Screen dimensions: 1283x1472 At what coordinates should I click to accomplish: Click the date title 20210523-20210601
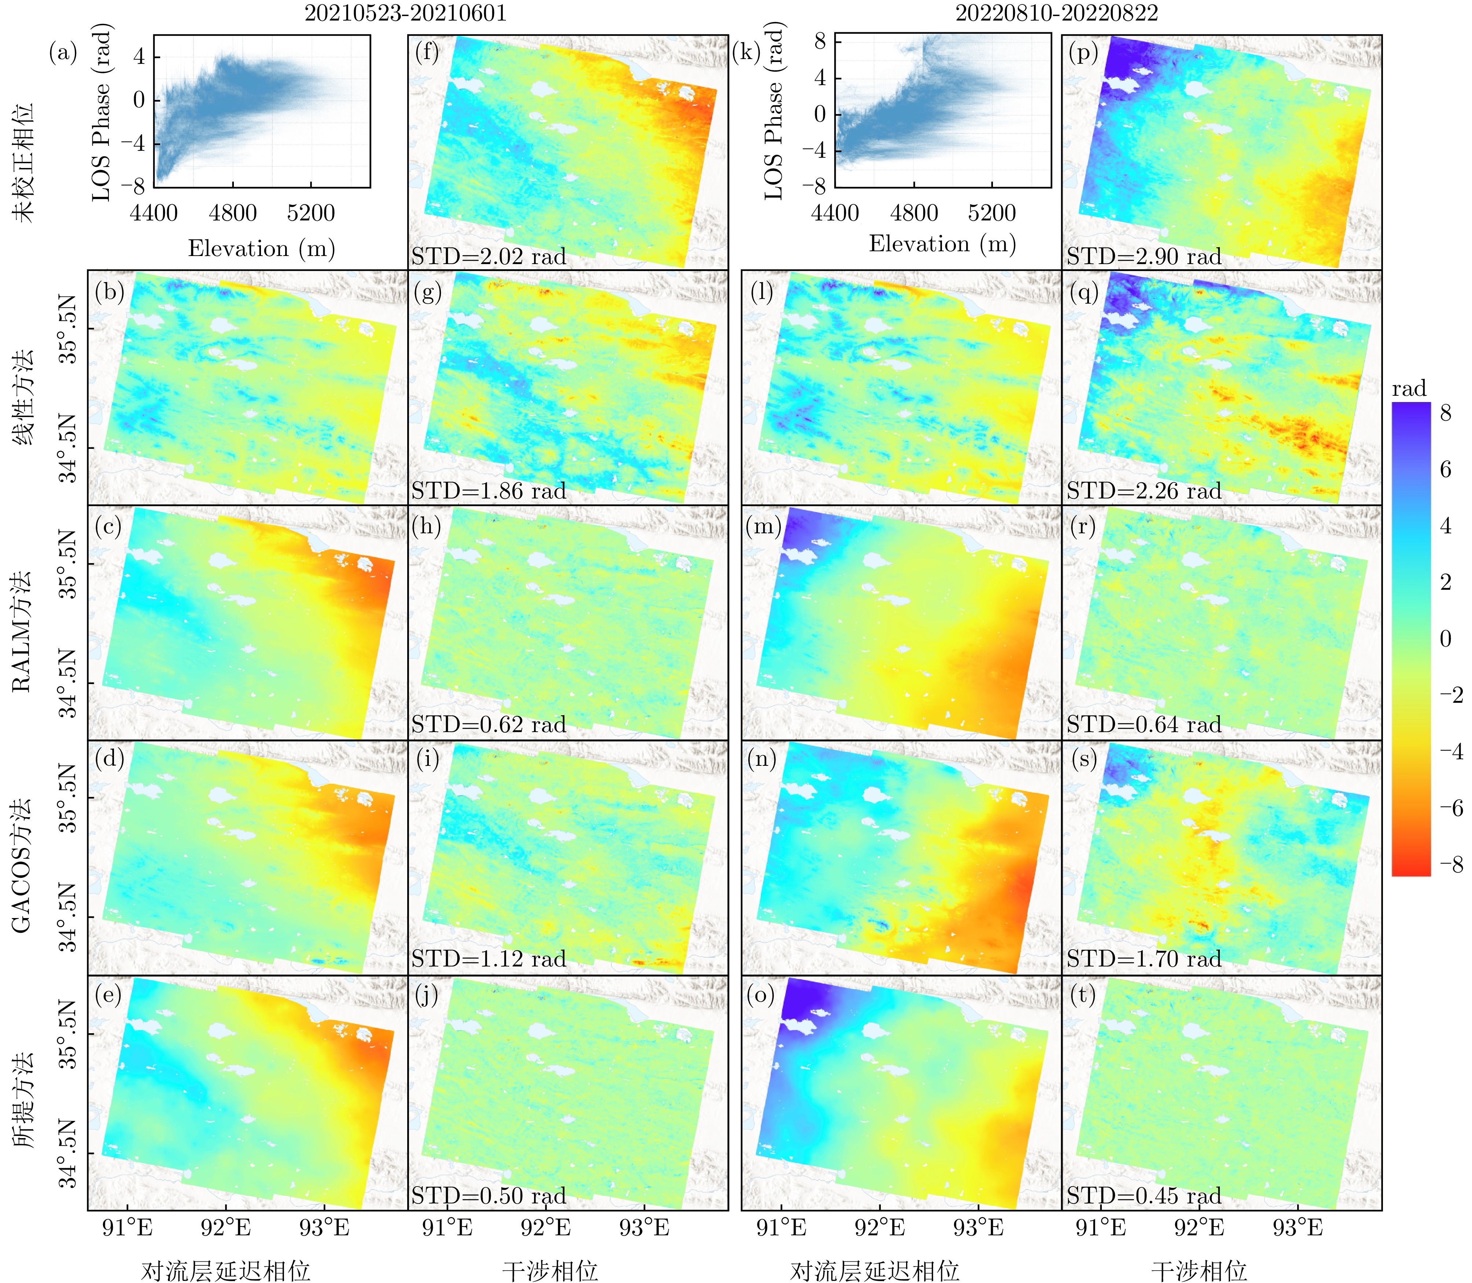pyautogui.click(x=406, y=13)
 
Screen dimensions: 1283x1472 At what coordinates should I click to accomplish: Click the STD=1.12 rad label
pyautogui.click(x=489, y=959)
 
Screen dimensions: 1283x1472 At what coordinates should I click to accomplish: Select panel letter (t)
pyautogui.click(x=1083, y=994)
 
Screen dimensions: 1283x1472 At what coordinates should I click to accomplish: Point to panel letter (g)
pyautogui.click(x=428, y=292)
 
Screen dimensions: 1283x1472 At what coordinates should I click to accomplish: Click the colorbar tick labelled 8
pyautogui.click(x=1446, y=413)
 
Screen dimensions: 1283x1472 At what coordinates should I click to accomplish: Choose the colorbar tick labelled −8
pyautogui.click(x=1451, y=864)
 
